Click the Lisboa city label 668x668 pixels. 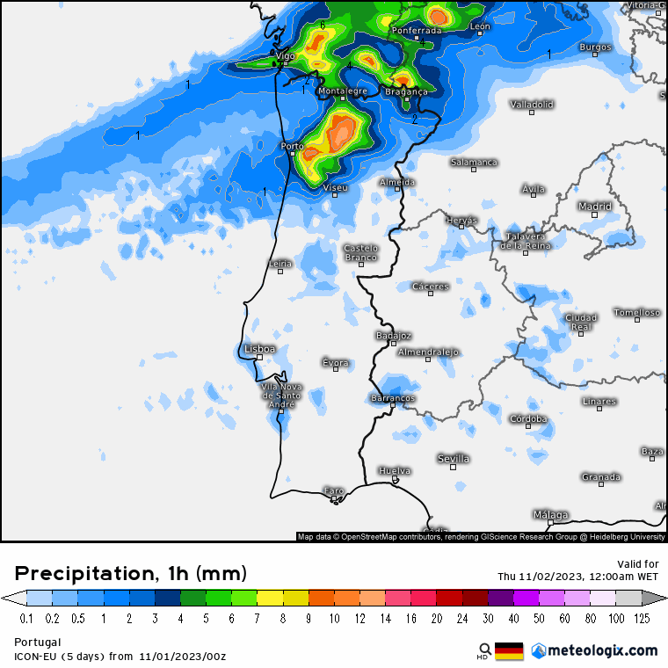(x=260, y=349)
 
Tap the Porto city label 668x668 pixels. (x=292, y=146)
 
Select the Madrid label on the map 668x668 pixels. (x=595, y=207)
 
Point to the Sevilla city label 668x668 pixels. (x=454, y=459)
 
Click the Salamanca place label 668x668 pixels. (x=475, y=163)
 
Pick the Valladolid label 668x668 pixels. (x=533, y=105)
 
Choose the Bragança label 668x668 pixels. (x=406, y=91)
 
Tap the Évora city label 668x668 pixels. (x=336, y=363)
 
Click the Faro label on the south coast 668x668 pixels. (x=334, y=490)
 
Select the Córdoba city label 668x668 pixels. (x=529, y=419)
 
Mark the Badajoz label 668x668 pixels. (x=393, y=336)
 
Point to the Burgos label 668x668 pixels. (x=595, y=47)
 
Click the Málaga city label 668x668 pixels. (x=551, y=515)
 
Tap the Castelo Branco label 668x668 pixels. (x=360, y=252)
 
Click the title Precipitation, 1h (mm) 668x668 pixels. (x=131, y=574)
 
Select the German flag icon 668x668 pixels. (x=509, y=651)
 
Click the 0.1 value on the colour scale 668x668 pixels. (x=26, y=619)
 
